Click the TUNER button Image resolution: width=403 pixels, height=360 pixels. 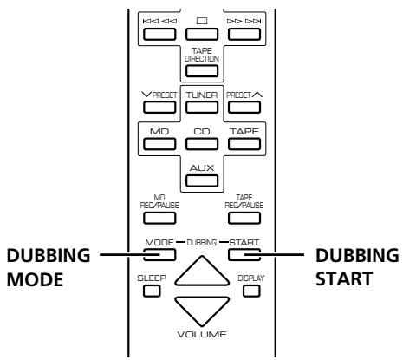[x=202, y=108]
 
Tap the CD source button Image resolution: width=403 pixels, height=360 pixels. [x=202, y=144]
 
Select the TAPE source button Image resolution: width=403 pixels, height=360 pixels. [x=244, y=144]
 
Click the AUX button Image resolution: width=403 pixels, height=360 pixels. [x=202, y=180]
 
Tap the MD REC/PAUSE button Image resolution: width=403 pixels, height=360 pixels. [x=159, y=218]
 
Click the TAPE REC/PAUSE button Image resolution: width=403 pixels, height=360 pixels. [x=244, y=218]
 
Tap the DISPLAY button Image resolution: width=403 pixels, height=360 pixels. [x=251, y=291]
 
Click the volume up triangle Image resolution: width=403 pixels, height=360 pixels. [x=202, y=272]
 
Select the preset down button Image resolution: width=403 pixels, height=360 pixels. [x=159, y=108]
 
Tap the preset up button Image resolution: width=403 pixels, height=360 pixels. [x=244, y=108]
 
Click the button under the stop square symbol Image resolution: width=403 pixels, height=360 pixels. [x=202, y=34]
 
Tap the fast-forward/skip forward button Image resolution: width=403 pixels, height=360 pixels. [x=244, y=34]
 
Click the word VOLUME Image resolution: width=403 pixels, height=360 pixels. [x=202, y=335]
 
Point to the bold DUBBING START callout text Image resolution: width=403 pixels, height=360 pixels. [x=357, y=267]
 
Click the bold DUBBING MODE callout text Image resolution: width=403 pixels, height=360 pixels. [x=49, y=267]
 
